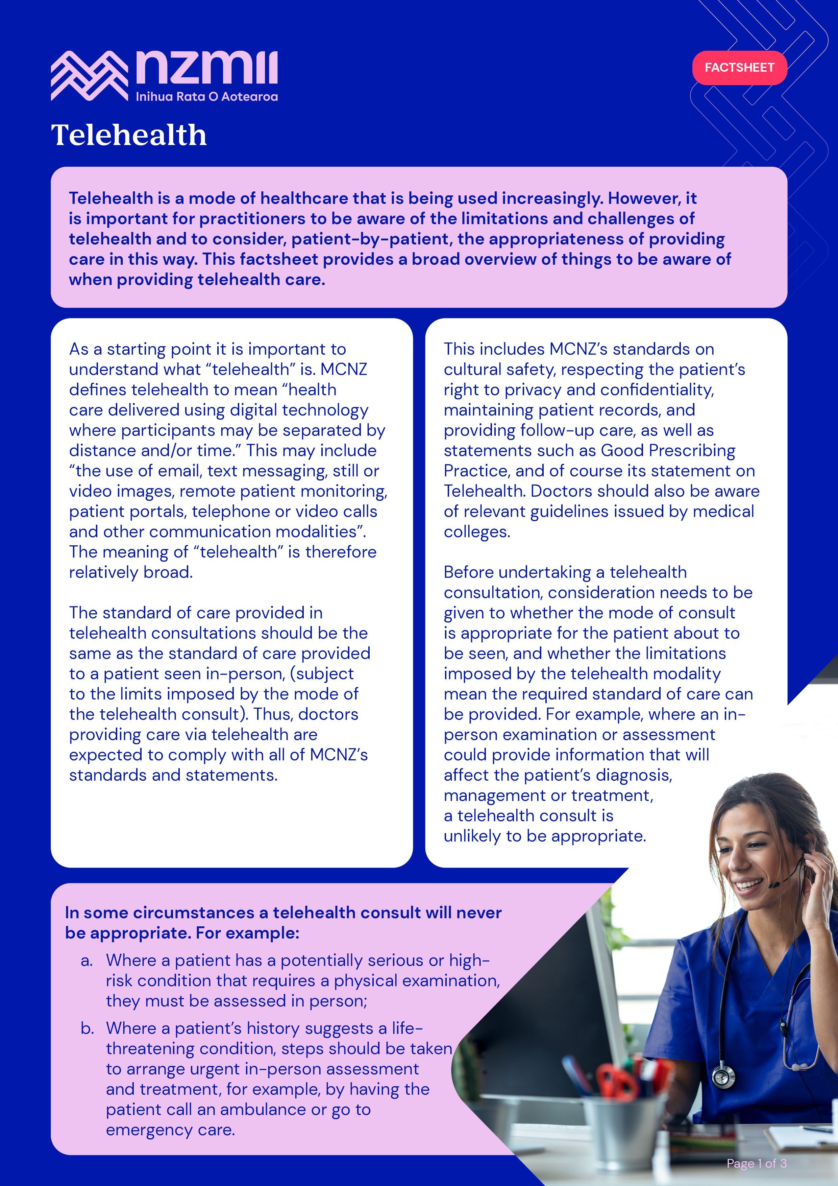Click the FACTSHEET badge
pos(739,68)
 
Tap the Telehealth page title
pos(129,135)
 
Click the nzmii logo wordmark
pos(206,68)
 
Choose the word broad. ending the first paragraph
pos(166,572)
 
